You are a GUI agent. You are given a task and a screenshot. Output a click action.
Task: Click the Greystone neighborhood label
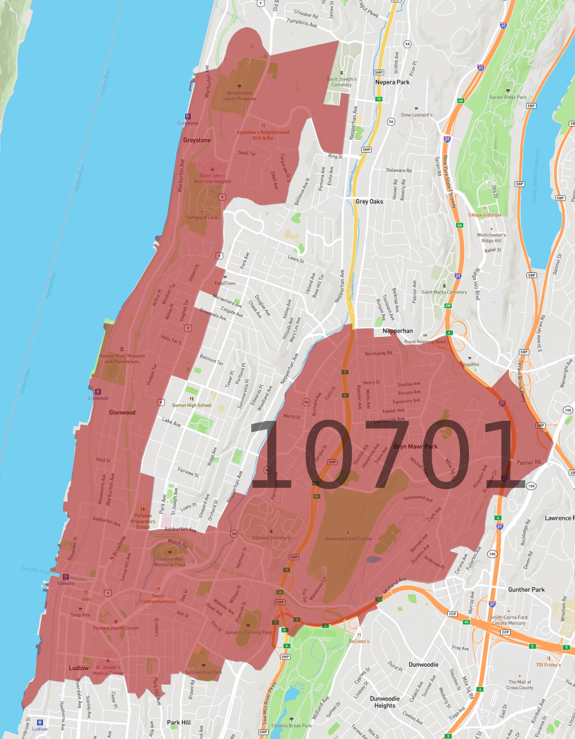click(x=197, y=140)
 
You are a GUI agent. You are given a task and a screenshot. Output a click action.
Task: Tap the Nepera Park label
click(x=392, y=82)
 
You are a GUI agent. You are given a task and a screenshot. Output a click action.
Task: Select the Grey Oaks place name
click(x=369, y=202)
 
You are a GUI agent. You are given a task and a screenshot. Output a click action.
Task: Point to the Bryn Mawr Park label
click(x=416, y=447)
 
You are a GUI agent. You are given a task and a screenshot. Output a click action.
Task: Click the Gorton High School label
click(x=192, y=405)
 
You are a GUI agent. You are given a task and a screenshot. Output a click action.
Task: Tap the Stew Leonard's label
click(x=416, y=115)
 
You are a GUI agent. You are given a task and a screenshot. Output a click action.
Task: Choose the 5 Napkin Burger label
click(x=485, y=215)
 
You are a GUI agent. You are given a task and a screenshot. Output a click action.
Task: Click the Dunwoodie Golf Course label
click(x=348, y=539)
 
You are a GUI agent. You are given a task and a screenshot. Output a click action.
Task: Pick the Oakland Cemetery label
click(x=271, y=538)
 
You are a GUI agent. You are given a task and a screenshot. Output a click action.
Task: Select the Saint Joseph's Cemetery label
click(x=342, y=82)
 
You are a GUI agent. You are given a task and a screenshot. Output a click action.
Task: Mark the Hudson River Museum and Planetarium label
click(x=122, y=358)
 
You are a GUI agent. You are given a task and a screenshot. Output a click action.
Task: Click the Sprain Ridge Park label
click(x=508, y=97)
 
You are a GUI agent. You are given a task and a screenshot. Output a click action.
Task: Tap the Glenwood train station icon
click(x=98, y=391)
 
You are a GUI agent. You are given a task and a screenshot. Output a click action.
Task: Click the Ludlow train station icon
click(x=40, y=723)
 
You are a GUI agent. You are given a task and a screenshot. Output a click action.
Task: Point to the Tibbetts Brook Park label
click(x=291, y=725)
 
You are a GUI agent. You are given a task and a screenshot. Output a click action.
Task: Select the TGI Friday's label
click(x=548, y=665)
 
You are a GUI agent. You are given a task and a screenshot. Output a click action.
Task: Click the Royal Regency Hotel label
click(x=425, y=342)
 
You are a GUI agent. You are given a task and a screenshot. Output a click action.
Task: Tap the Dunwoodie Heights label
click(x=385, y=702)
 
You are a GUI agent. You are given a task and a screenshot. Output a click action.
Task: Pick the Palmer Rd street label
click(x=529, y=462)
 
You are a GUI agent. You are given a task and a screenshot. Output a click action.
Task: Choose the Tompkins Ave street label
click(x=302, y=23)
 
